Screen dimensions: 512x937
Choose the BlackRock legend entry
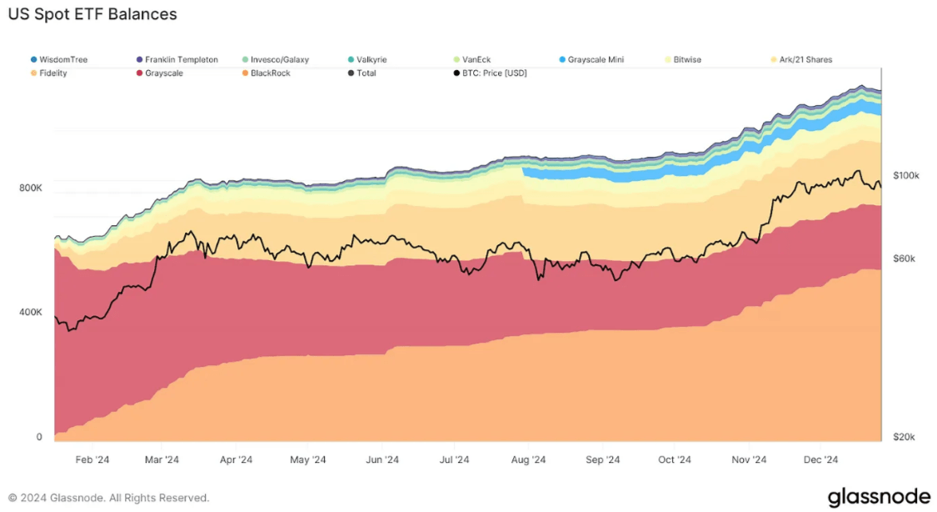click(270, 73)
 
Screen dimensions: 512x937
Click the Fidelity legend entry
click(52, 73)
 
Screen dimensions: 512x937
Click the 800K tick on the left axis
click(31, 188)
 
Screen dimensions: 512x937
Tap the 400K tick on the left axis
click(31, 313)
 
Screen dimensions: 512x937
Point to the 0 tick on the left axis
click(39, 437)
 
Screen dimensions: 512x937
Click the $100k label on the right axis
click(905, 176)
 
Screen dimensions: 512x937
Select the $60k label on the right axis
click(904, 259)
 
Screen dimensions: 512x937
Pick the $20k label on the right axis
click(904, 437)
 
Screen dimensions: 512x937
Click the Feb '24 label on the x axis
click(92, 459)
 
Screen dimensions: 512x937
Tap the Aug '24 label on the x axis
click(528, 459)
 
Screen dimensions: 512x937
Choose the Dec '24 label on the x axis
click(820, 459)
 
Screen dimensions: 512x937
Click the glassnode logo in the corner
click(878, 498)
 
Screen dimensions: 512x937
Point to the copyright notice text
click(109, 498)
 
